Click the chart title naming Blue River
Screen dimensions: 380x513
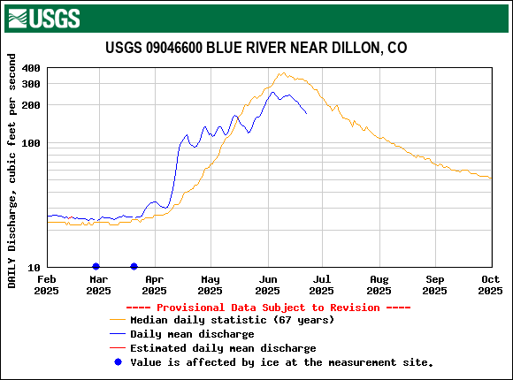(x=256, y=48)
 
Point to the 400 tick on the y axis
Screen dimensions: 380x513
(x=31, y=68)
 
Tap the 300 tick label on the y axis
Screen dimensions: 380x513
(x=31, y=83)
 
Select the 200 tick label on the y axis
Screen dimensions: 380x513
(x=31, y=105)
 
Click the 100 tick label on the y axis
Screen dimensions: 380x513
(x=31, y=143)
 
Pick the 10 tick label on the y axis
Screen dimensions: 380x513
(x=34, y=268)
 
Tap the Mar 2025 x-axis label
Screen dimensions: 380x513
(x=97, y=285)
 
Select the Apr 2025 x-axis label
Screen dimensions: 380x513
(x=153, y=285)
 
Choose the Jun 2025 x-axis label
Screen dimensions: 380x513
(x=266, y=285)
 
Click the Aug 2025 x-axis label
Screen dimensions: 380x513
(x=379, y=285)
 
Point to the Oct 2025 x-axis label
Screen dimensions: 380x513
(x=491, y=285)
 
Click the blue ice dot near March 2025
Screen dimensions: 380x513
(x=96, y=267)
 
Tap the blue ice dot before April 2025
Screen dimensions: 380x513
(x=134, y=267)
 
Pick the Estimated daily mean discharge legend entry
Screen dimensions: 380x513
(x=223, y=348)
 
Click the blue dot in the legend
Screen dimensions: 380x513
(x=117, y=361)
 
